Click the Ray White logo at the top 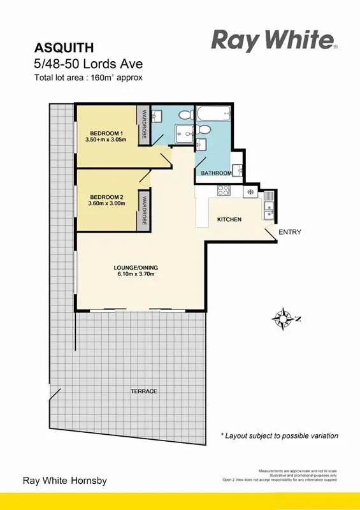[273, 41]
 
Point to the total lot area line [89, 78]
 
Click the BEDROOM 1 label [106, 133]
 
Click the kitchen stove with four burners [224, 190]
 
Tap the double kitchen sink [270, 203]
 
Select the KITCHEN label [229, 219]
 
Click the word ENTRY [289, 232]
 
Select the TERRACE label [143, 391]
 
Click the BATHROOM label [216, 173]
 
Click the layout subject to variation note [279, 436]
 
